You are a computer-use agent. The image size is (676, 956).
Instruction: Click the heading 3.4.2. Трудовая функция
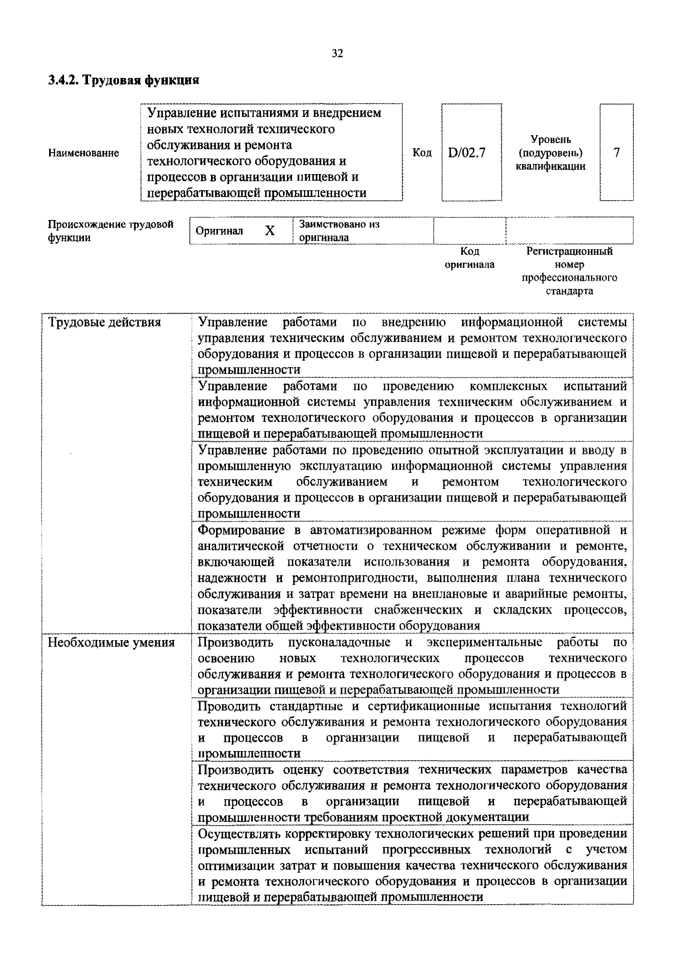(x=124, y=80)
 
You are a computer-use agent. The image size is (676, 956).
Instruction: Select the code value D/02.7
(x=467, y=153)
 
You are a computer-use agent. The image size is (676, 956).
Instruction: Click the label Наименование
(x=84, y=153)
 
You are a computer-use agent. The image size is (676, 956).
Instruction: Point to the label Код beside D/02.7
(x=422, y=153)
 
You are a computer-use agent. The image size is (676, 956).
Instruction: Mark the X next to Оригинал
(x=270, y=230)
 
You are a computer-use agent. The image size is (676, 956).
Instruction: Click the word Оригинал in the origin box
(x=219, y=231)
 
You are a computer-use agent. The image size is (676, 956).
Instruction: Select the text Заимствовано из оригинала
(x=339, y=231)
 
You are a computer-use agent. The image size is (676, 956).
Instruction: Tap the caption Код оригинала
(x=469, y=258)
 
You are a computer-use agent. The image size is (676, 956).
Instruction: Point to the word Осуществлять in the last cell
(x=240, y=834)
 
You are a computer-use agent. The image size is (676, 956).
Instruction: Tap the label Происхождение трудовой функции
(x=110, y=231)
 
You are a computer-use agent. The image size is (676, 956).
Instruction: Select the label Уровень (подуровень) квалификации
(x=550, y=153)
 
